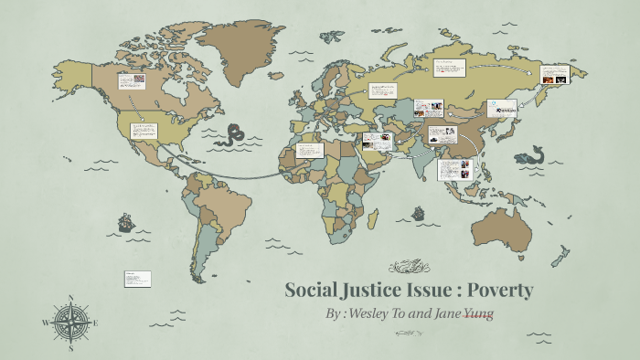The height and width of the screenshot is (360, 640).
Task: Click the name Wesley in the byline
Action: (368, 313)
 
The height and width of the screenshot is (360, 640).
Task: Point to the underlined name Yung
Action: (477, 313)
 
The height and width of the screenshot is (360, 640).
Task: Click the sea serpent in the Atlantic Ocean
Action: (233, 133)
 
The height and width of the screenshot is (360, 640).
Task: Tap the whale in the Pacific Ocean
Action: (529, 156)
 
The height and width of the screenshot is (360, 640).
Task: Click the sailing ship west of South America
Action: (126, 222)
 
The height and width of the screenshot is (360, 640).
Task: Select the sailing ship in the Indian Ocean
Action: (418, 213)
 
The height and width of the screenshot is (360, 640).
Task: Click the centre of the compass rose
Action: (71, 322)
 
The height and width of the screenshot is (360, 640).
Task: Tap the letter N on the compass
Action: (71, 297)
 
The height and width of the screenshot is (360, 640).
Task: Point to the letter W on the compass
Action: (46, 323)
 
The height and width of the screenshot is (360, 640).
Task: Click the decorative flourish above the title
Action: (409, 267)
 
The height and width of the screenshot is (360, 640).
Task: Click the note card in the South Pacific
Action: (137, 279)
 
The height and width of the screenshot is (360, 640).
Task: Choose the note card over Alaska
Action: (132, 80)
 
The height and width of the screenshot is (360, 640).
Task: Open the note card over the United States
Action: (144, 132)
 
